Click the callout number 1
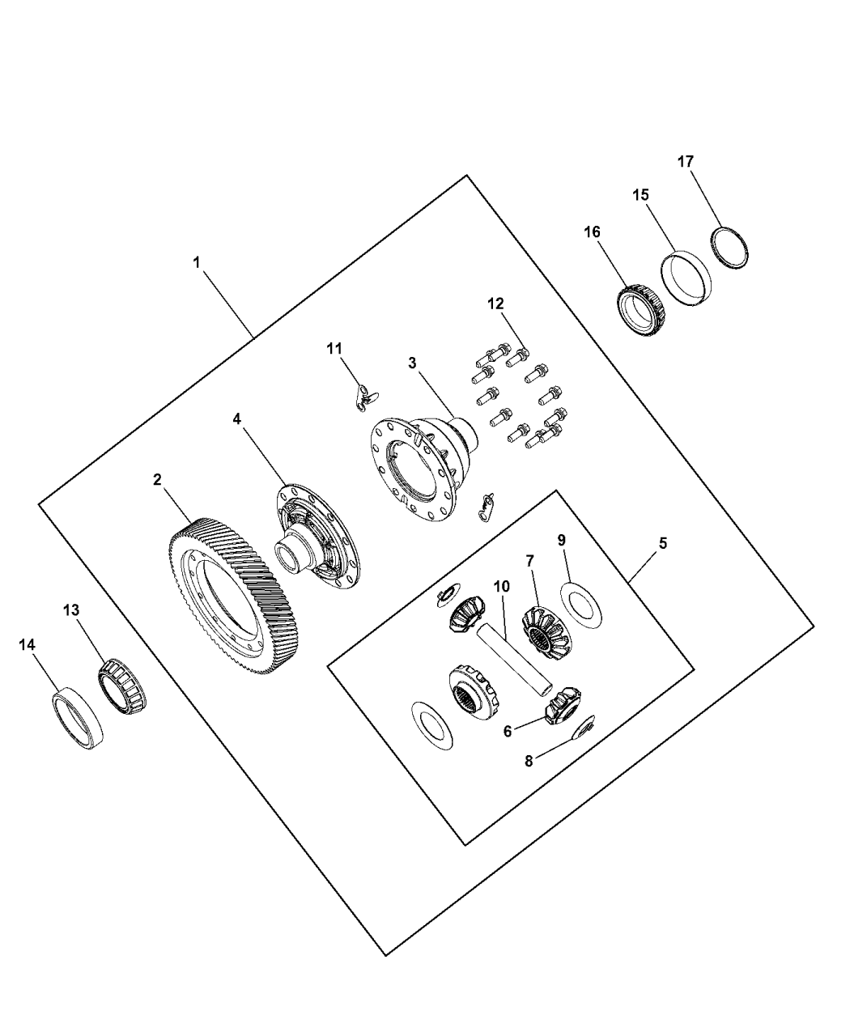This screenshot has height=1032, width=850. tap(196, 262)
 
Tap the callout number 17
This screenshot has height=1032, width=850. tap(686, 162)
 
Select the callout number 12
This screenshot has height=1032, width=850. tap(495, 304)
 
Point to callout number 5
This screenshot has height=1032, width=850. tap(662, 543)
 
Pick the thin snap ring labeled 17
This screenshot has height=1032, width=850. tap(733, 248)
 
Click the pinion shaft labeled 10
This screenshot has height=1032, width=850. tap(516, 656)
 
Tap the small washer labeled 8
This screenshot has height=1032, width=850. tap(584, 727)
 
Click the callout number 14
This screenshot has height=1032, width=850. tap(28, 644)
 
